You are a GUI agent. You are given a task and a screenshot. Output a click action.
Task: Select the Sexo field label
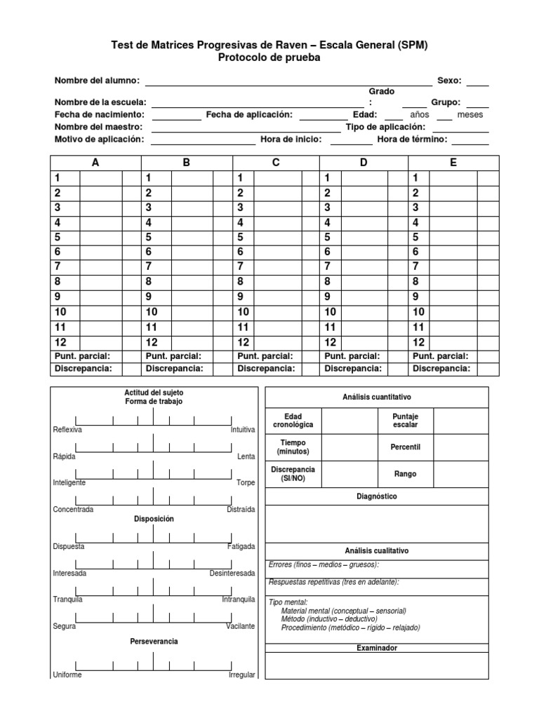click(x=449, y=81)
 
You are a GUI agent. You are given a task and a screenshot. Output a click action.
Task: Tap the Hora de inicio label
click(x=291, y=140)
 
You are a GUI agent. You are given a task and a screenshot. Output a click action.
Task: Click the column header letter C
click(x=276, y=163)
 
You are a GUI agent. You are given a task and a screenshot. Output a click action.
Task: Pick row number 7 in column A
click(x=58, y=266)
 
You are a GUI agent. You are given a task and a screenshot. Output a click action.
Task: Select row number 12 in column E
click(x=418, y=343)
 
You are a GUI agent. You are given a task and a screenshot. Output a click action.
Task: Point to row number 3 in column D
click(x=327, y=208)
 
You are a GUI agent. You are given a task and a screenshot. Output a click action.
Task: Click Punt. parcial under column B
click(x=173, y=356)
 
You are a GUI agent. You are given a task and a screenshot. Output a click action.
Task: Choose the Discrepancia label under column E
click(x=441, y=368)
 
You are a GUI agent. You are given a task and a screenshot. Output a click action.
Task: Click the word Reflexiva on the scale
click(x=68, y=430)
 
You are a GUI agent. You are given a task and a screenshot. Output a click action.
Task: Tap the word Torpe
click(x=246, y=483)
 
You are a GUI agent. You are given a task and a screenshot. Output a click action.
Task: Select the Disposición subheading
click(x=154, y=519)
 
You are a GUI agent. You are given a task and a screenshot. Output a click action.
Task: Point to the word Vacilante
click(x=241, y=626)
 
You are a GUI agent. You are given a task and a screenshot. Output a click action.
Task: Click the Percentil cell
click(x=406, y=447)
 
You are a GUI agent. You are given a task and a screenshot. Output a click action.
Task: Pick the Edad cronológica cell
click(x=293, y=421)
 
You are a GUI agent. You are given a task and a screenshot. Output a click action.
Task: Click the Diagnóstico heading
click(x=376, y=496)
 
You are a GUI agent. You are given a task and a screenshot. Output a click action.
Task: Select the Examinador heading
click(x=376, y=648)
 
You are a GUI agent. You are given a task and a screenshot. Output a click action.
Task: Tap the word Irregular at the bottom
click(x=242, y=675)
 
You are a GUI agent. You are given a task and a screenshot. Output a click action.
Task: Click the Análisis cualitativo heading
click(x=376, y=551)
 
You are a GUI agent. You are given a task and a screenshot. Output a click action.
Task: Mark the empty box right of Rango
click(x=460, y=474)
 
